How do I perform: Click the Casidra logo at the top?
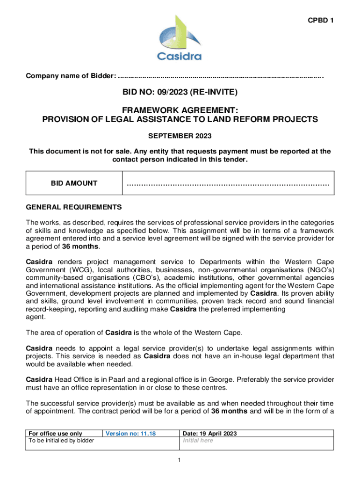pos(179,38)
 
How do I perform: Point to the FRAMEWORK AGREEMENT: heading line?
pos(180,110)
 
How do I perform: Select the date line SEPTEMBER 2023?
pos(180,136)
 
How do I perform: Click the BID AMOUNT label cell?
pos(74,183)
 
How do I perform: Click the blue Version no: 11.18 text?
pos(130,434)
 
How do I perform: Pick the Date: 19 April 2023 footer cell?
pos(209,434)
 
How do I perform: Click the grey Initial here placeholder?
pos(198,441)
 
